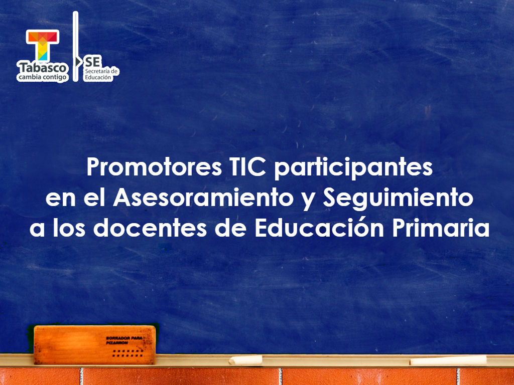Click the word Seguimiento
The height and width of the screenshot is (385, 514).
pos(398,199)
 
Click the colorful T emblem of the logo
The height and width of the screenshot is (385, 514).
pos(43,45)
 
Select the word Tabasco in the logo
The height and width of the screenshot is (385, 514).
pos(42,67)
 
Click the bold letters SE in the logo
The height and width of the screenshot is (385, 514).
pos(93,61)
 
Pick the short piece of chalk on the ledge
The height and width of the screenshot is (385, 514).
pos(246,359)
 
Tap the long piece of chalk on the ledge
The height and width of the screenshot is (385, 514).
pos(448,360)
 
